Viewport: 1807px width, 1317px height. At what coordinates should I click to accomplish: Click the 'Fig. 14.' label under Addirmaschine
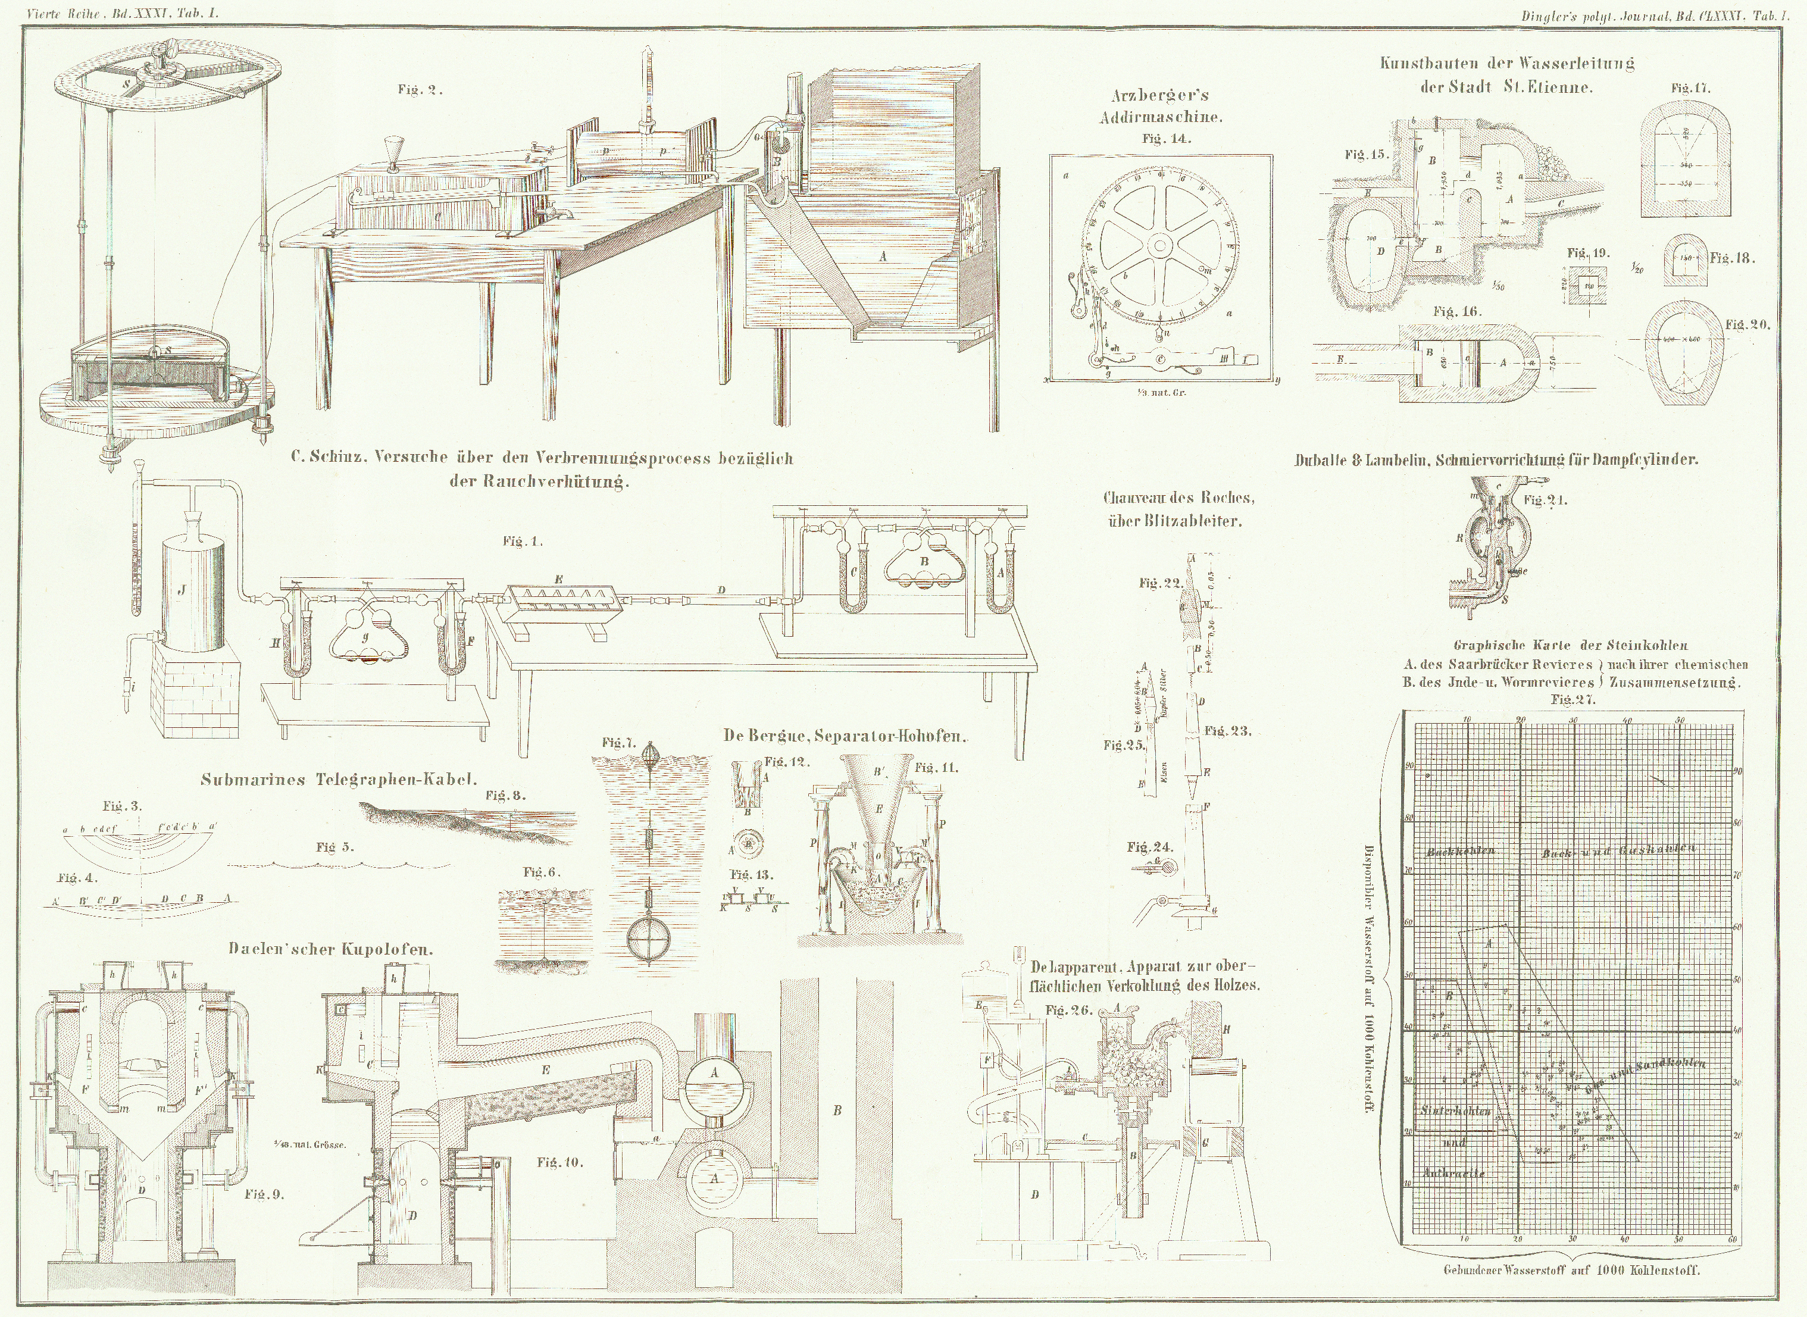(x=1165, y=139)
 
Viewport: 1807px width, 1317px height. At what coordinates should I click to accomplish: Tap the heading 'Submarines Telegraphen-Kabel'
(x=339, y=780)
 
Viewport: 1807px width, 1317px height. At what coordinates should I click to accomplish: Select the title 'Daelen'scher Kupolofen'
(x=331, y=949)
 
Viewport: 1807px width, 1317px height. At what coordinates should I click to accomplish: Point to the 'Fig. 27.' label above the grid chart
(x=1572, y=699)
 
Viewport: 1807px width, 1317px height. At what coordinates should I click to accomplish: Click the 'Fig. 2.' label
(x=420, y=90)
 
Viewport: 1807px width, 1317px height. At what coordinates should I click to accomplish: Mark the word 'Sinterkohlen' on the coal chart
(x=1455, y=1110)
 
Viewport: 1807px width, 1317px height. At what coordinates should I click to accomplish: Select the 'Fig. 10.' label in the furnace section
(x=559, y=1162)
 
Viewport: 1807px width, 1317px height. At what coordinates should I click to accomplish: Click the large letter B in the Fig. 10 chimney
(x=837, y=1110)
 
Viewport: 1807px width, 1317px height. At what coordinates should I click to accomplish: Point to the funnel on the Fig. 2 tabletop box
(x=392, y=150)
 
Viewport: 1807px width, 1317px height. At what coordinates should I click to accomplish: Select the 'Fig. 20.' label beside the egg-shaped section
(x=1748, y=324)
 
